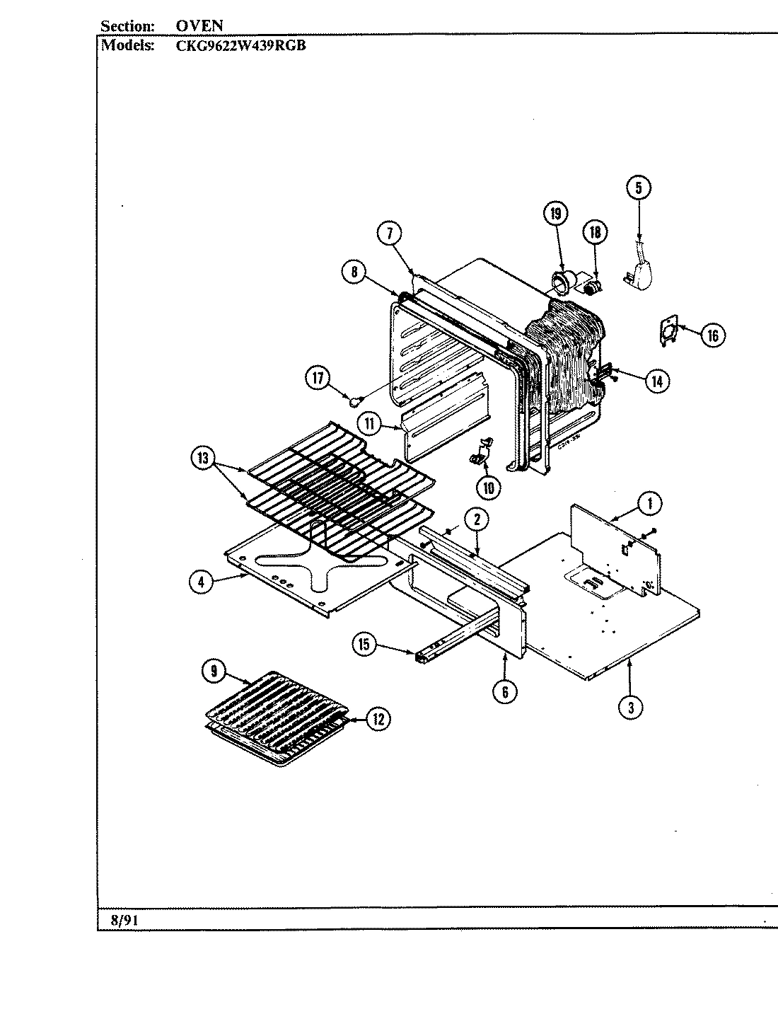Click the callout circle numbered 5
coord(638,188)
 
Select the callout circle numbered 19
coord(555,213)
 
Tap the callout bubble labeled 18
coord(595,232)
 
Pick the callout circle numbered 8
coord(354,272)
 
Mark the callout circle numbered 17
coord(318,379)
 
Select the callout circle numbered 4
coord(202,582)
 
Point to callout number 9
coord(214,672)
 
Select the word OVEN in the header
coord(199,26)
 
